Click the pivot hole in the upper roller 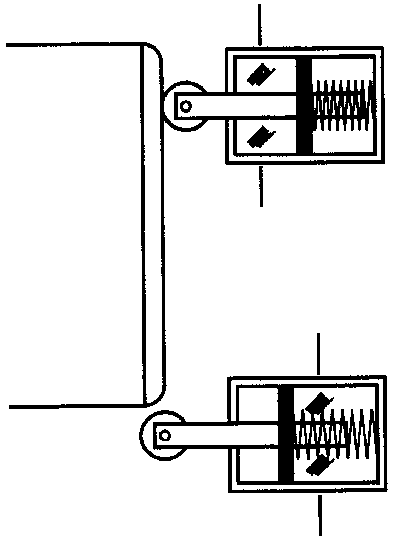point(186,106)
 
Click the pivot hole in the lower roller point(164,435)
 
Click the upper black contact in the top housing point(260,75)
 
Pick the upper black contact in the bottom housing point(318,405)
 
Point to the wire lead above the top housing point(260,25)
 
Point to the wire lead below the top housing point(261,186)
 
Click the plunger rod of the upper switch point(241,106)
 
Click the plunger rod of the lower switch point(225,435)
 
